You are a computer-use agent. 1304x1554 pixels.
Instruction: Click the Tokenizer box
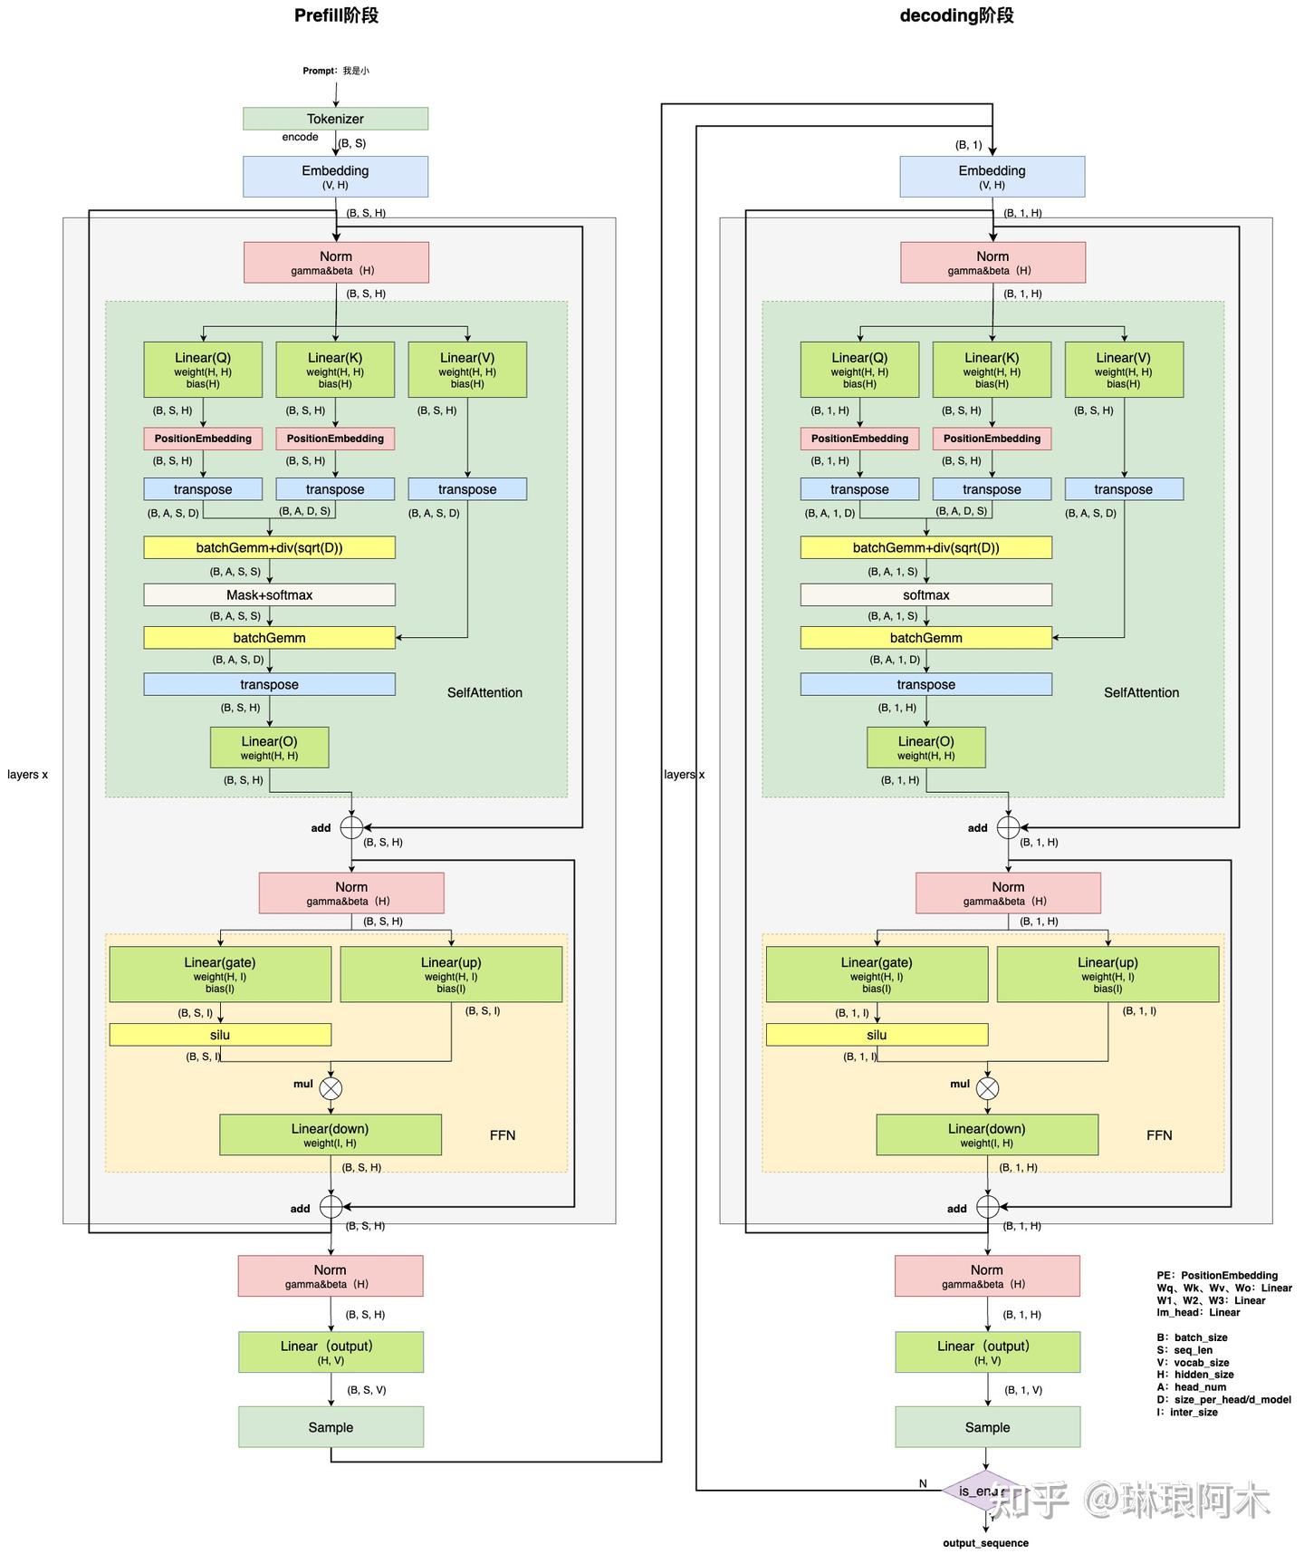pos(335,119)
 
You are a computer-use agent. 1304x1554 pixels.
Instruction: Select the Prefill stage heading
pos(336,15)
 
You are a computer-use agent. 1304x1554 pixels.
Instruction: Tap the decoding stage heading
pos(956,15)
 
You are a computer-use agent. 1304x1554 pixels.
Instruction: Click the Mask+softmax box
pos(269,595)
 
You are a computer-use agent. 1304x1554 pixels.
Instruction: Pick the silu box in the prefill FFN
pos(220,1035)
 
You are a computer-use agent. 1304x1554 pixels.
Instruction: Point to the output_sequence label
pos(985,1543)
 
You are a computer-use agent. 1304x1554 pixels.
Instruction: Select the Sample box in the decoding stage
pos(987,1427)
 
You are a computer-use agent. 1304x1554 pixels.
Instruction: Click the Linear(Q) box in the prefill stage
pos(203,370)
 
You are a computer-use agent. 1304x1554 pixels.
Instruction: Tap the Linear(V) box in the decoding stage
pos(1123,370)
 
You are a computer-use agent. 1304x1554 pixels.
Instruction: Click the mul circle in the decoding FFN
pos(987,1088)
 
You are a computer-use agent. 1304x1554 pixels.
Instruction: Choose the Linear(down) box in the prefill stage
pos(331,1134)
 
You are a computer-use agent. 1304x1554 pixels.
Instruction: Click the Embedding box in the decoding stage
pos(992,177)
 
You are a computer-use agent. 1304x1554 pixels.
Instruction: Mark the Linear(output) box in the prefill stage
pos(331,1352)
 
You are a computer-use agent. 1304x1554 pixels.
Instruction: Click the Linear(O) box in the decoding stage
pos(925,748)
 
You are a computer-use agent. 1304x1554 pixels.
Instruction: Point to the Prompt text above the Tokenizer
pos(335,71)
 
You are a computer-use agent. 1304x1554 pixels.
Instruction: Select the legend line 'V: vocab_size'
pos(1193,1363)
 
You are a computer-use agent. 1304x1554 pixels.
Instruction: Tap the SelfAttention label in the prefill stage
pos(484,693)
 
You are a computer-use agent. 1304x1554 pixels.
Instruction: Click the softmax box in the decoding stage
pos(925,595)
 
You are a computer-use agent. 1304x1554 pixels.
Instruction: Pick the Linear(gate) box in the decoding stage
pos(877,974)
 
